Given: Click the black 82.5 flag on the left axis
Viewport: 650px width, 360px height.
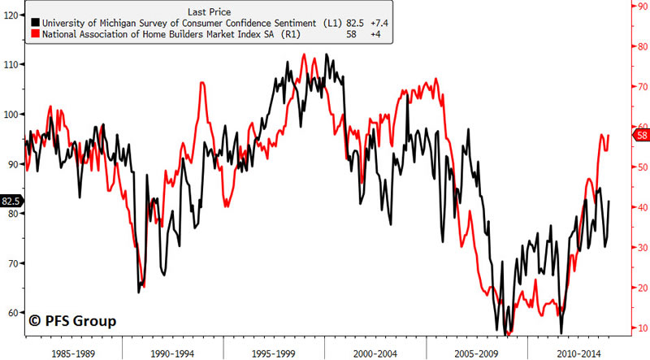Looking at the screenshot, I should point(11,201).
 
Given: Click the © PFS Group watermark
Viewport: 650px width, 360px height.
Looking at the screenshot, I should point(72,320).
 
